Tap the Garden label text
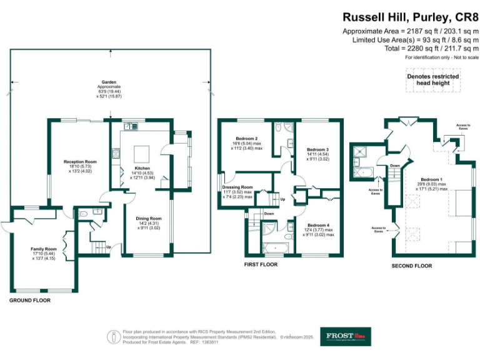click(110, 82)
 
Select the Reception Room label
click(80, 162)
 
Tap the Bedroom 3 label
click(317, 150)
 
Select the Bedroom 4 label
click(317, 225)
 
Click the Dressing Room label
click(237, 187)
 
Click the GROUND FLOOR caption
click(30, 301)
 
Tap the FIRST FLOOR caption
click(261, 264)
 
